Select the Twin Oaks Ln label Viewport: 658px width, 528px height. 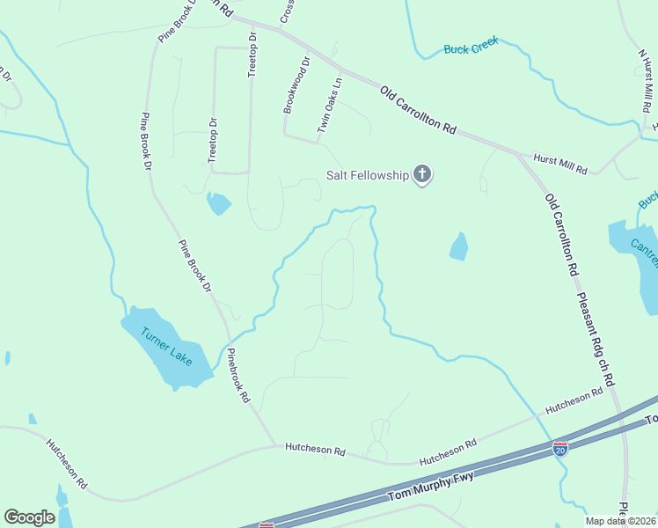329,106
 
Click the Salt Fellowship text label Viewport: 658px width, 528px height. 368,175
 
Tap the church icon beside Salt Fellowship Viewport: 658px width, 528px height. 423,174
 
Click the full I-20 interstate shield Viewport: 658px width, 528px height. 560,449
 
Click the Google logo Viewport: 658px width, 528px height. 29,517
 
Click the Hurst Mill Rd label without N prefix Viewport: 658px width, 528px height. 559,163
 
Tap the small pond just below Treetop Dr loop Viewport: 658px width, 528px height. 217,204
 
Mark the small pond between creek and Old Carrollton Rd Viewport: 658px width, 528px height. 458,246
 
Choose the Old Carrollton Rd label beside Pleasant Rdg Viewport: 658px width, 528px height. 560,232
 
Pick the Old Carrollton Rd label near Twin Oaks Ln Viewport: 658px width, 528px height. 418,109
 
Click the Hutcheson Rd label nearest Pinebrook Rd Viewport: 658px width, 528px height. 314,449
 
